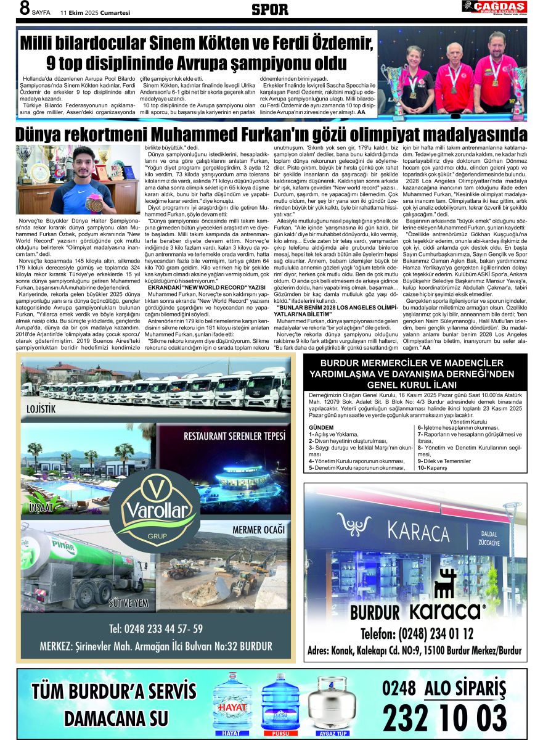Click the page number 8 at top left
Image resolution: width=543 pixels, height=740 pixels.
pos(25,9)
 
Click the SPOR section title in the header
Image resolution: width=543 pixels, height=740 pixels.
pos(269,9)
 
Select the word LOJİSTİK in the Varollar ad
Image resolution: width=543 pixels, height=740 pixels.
pos(41,409)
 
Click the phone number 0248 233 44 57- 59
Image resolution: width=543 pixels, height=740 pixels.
pos(155,629)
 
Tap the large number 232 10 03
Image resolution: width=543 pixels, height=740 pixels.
pos(444,717)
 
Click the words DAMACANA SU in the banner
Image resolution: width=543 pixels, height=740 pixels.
pos(116,718)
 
